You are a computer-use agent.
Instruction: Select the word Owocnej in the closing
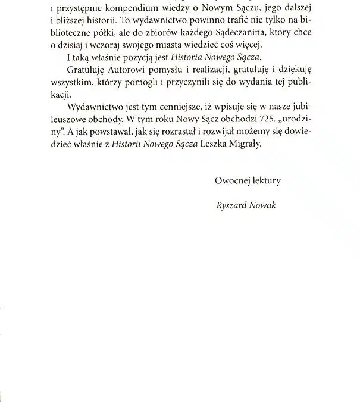click(x=232, y=180)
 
